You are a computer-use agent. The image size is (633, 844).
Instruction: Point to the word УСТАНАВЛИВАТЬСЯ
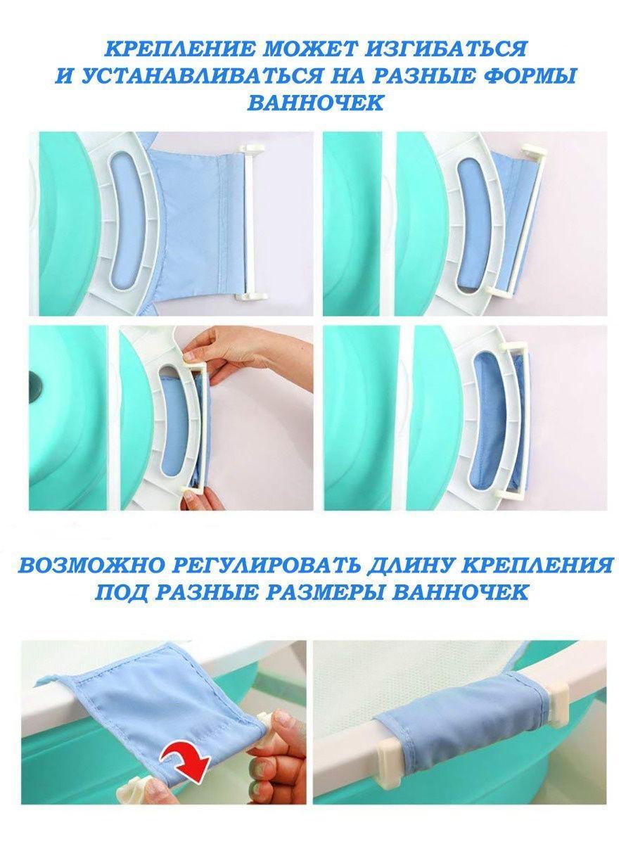pos(195,75)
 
